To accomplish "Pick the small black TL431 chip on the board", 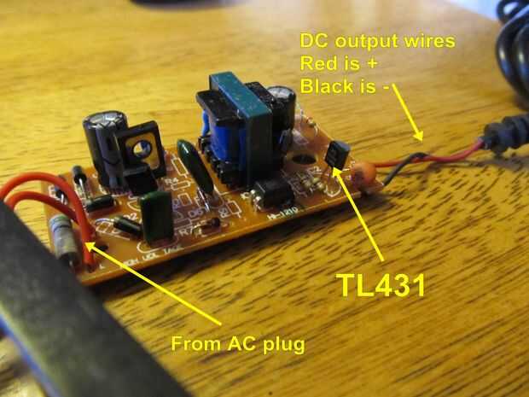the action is pos(337,155).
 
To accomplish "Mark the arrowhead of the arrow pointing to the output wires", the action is pos(419,137).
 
